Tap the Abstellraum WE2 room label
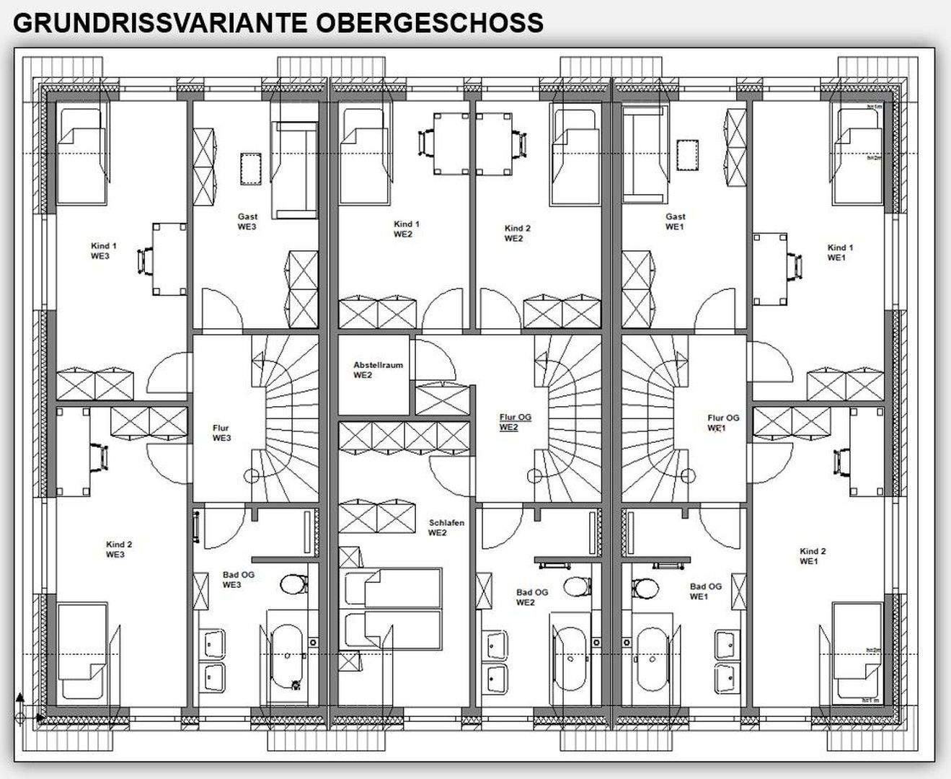[378, 370]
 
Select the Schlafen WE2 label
[446, 528]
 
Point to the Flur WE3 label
[221, 433]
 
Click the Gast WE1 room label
[676, 221]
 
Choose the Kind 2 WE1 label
[813, 556]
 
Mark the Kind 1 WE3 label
[104, 251]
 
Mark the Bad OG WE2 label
[532, 597]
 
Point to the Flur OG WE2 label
[516, 422]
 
